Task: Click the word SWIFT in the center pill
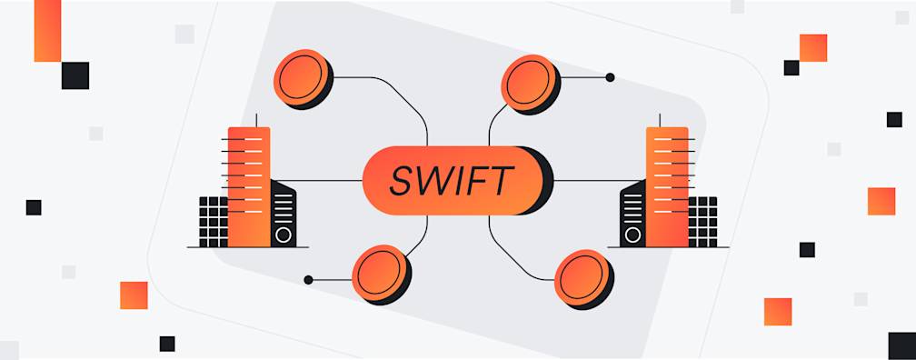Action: click(x=450, y=180)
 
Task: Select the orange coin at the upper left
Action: click(x=303, y=77)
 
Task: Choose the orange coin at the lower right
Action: click(x=582, y=277)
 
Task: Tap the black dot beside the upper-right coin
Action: click(x=610, y=77)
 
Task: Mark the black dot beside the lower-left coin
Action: click(x=309, y=280)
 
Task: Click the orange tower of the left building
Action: click(x=248, y=186)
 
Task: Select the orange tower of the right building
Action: click(x=667, y=186)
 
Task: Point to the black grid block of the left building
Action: click(x=214, y=221)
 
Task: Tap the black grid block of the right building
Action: click(x=702, y=221)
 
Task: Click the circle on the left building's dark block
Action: click(x=284, y=235)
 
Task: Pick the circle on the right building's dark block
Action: click(x=632, y=235)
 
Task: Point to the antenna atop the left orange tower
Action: click(x=256, y=119)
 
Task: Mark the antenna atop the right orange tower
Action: click(x=659, y=119)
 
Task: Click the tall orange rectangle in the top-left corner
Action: click(x=47, y=30)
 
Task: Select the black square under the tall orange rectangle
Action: click(x=75, y=75)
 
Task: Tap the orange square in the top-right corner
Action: click(x=813, y=47)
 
